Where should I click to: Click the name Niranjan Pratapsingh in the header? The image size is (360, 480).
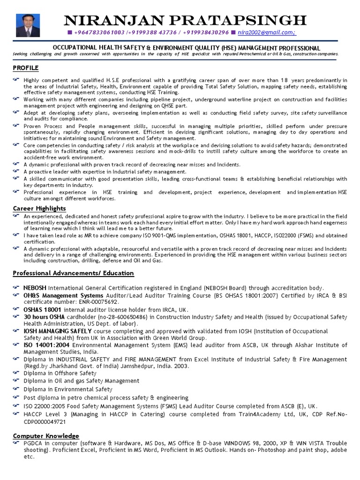tap(185, 20)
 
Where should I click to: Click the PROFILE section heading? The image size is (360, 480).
tap(26, 68)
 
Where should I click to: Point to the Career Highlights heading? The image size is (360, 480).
tap(39, 208)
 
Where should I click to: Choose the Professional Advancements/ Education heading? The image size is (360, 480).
tap(73, 273)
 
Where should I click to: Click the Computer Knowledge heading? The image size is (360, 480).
tap(46, 436)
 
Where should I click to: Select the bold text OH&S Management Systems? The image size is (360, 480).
tap(63, 296)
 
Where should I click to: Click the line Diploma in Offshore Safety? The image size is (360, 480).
tap(60, 373)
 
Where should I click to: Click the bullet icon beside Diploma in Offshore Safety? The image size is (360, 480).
tap(16, 373)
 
